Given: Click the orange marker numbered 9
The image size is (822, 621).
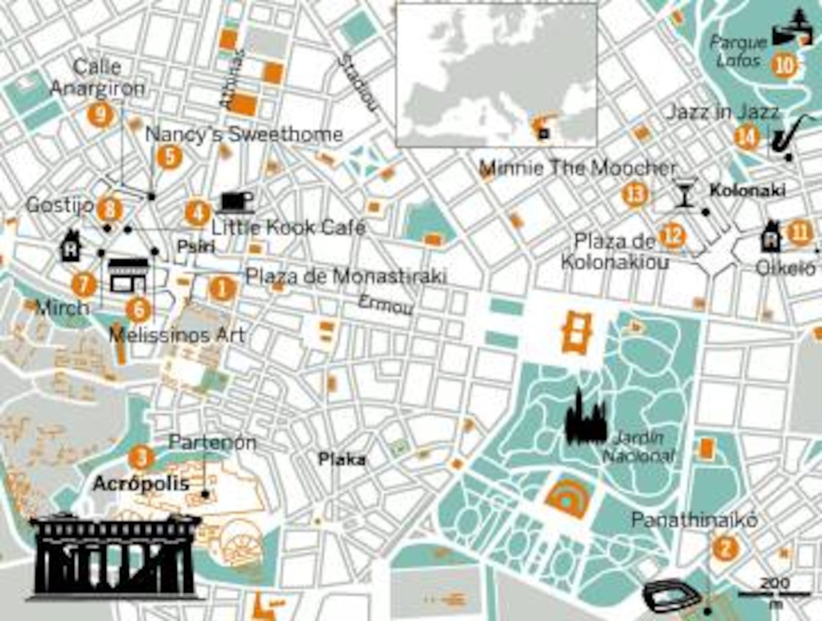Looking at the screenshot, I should (x=100, y=114).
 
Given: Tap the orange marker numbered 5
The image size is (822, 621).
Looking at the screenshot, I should (x=169, y=157).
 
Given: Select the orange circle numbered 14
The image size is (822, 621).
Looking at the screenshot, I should (x=747, y=138).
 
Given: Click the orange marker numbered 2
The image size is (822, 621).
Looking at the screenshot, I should (x=725, y=547).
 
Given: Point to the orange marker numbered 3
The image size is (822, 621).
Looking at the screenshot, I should (x=142, y=457).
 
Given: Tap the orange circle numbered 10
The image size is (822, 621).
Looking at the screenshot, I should (x=784, y=65).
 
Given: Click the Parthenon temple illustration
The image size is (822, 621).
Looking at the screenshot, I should (x=114, y=556).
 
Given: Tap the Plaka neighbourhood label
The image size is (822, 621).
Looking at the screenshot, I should (x=342, y=460).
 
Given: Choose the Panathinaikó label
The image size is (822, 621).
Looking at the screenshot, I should (x=694, y=520).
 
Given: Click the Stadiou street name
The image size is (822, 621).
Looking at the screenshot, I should (x=357, y=83).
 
